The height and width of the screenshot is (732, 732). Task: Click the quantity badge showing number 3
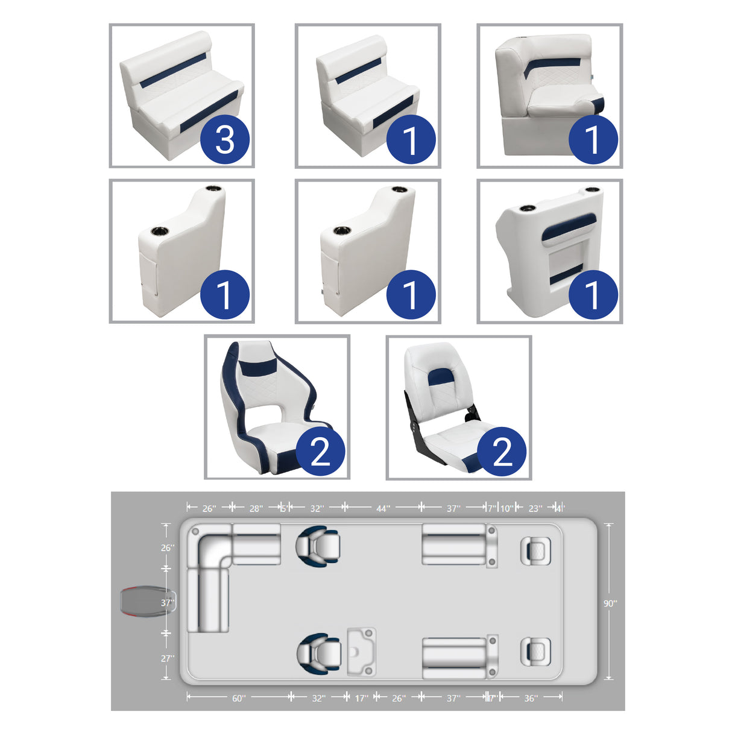click(x=225, y=140)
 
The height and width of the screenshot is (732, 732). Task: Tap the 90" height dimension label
click(x=610, y=603)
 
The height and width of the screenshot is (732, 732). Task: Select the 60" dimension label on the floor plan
click(x=239, y=698)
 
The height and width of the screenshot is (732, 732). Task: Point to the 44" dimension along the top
click(x=383, y=508)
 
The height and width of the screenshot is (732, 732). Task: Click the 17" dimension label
click(x=361, y=698)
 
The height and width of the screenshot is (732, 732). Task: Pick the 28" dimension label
click(x=256, y=508)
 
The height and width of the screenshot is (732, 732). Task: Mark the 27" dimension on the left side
click(x=167, y=658)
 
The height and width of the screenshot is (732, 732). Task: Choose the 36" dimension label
click(x=530, y=698)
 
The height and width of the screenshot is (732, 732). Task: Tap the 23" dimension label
click(x=534, y=508)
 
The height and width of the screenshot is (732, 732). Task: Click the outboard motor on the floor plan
click(x=145, y=602)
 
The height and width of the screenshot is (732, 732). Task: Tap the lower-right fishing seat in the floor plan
click(x=535, y=652)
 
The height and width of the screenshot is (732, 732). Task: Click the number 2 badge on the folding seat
click(x=502, y=452)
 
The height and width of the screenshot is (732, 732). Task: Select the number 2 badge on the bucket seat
click(x=320, y=452)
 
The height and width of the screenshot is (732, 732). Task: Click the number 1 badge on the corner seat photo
click(x=593, y=140)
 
